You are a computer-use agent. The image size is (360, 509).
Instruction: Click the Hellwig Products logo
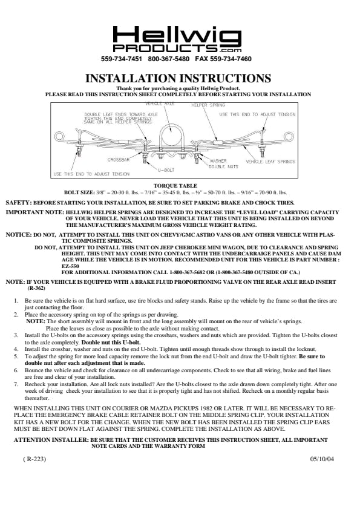click(177, 39)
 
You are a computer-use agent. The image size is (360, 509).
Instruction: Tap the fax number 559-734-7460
click(231, 59)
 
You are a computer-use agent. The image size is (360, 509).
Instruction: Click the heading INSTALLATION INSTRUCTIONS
click(178, 79)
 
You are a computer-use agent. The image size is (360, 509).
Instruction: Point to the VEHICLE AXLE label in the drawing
click(159, 103)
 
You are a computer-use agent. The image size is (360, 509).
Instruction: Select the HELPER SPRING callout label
click(208, 105)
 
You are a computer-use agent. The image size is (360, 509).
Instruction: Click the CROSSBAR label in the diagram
click(119, 160)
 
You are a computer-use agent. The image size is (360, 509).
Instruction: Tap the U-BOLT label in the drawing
click(166, 170)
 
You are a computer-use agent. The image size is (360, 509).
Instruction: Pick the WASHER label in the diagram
click(218, 161)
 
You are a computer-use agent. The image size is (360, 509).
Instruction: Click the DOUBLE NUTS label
click(223, 167)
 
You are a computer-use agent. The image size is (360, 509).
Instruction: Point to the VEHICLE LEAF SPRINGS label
click(270, 162)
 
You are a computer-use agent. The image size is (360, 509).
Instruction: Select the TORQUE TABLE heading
click(175, 186)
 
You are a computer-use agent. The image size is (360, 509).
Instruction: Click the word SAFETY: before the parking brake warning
click(19, 203)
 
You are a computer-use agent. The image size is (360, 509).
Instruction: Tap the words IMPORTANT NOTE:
click(34, 212)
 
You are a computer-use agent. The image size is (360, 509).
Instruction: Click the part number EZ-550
click(70, 266)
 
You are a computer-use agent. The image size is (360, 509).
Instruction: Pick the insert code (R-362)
click(36, 288)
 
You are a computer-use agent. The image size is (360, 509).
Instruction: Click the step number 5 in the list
click(16, 356)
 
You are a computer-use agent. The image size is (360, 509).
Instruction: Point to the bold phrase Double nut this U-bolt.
click(111, 343)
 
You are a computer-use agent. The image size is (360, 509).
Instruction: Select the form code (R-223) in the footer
click(34, 459)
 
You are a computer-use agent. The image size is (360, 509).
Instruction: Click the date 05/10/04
click(322, 459)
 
